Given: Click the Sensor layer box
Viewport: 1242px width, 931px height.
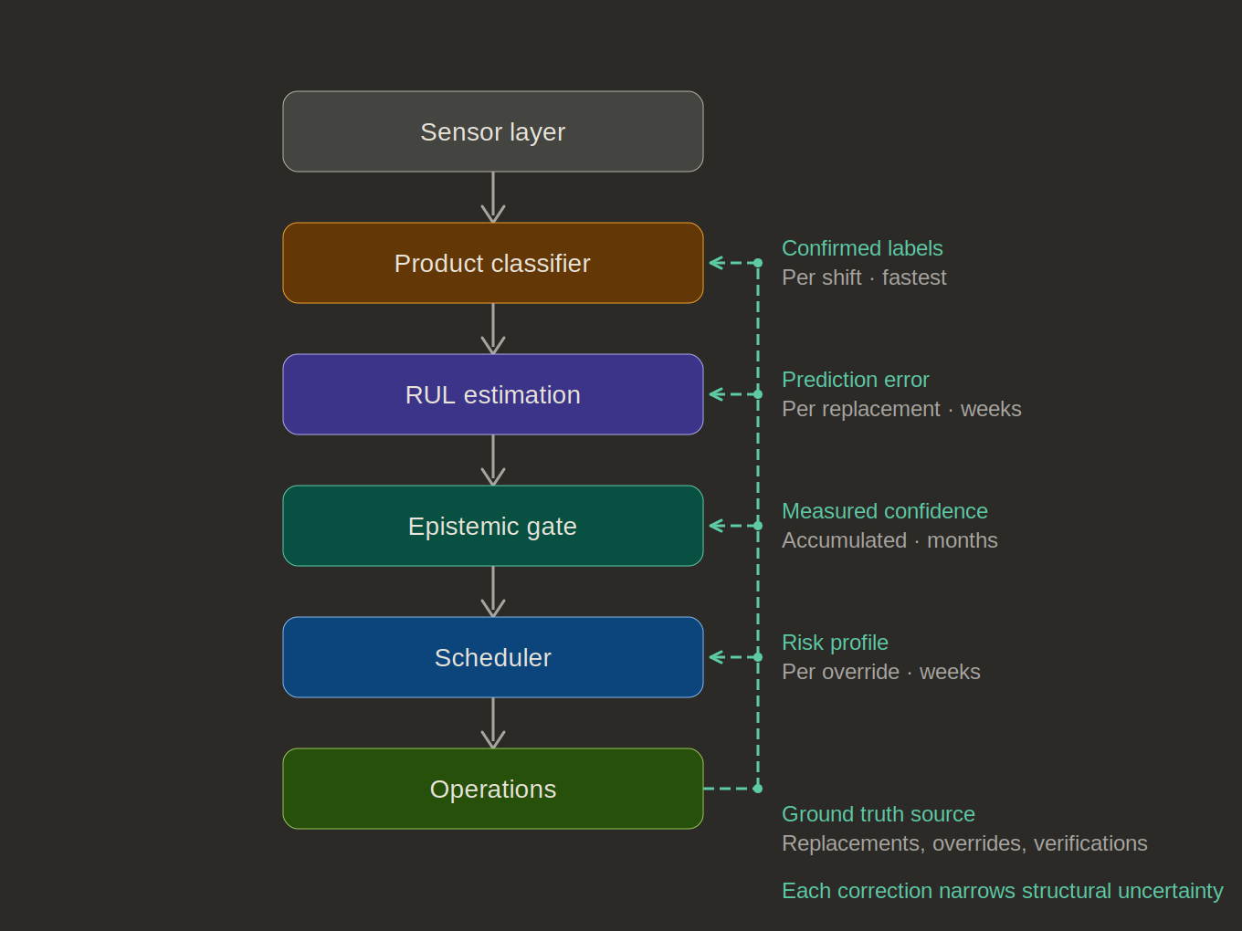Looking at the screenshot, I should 493,131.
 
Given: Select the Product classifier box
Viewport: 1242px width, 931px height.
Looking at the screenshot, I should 493,263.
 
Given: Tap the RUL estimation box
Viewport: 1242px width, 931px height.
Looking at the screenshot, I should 493,394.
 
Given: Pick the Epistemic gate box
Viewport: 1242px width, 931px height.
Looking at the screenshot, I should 493,526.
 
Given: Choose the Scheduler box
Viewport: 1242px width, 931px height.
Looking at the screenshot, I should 493,657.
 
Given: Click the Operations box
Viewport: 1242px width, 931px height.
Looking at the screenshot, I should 493,789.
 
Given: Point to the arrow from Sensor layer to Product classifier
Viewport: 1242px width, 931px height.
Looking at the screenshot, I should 493,197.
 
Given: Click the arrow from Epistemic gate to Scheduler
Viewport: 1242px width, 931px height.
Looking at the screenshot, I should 493,591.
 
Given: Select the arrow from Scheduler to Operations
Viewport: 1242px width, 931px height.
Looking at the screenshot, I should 493,723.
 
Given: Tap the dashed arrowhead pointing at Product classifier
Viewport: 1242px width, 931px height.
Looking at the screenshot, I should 716,263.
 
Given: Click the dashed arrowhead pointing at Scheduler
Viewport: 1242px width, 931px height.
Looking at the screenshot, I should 716,657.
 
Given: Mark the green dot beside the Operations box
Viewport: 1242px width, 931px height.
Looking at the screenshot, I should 758,789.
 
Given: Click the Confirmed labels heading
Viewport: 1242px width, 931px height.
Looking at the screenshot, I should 862,248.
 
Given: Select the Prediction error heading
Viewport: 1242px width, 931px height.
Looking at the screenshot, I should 855,380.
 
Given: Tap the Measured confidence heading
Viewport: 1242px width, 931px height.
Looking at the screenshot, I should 884,511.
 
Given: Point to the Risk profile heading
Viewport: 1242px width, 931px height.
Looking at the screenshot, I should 835,643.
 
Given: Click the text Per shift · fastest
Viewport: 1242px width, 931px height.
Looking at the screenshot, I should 864,277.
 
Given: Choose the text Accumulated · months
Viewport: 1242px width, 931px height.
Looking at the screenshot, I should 889,540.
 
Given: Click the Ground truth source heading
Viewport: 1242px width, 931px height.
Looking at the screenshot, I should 878,814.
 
